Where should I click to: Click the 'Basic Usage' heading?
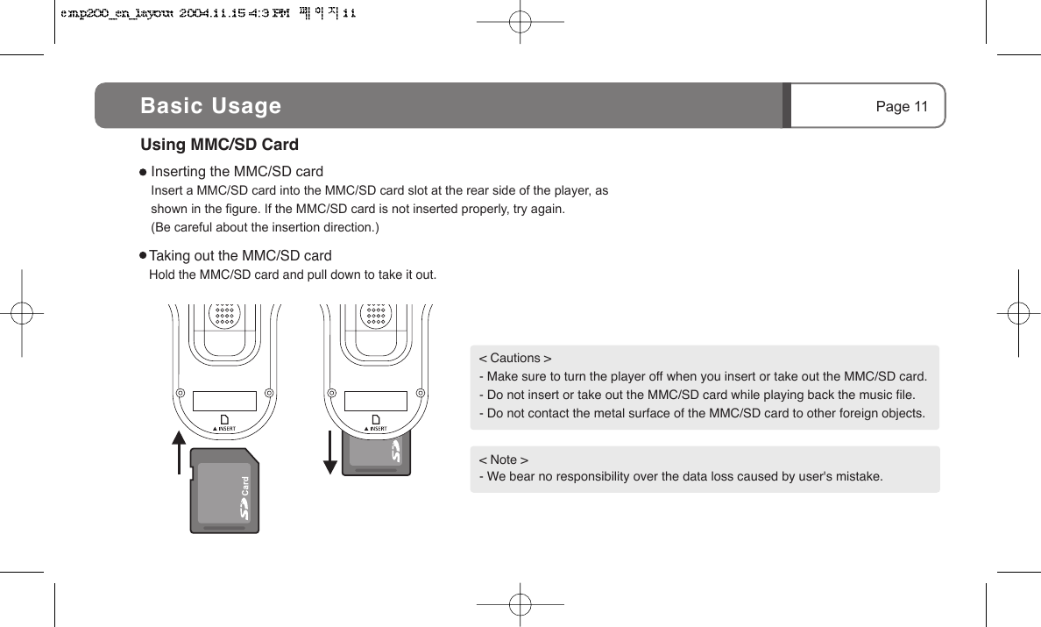pyautogui.click(x=211, y=106)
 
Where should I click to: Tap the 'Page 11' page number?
pyautogui.click(x=902, y=107)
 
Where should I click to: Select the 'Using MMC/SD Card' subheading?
pyautogui.click(x=220, y=144)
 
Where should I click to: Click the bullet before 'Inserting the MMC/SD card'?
pyautogui.click(x=144, y=172)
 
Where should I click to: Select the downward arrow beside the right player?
pyautogui.click(x=330, y=452)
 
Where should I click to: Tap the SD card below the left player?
pyautogui.click(x=224, y=491)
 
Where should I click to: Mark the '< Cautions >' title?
pyautogui.click(x=515, y=358)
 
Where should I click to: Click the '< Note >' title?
pyautogui.click(x=503, y=460)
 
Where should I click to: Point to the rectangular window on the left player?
pyautogui.click(x=224, y=401)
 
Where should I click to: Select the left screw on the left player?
pyautogui.click(x=179, y=392)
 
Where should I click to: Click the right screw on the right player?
pyautogui.click(x=421, y=392)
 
